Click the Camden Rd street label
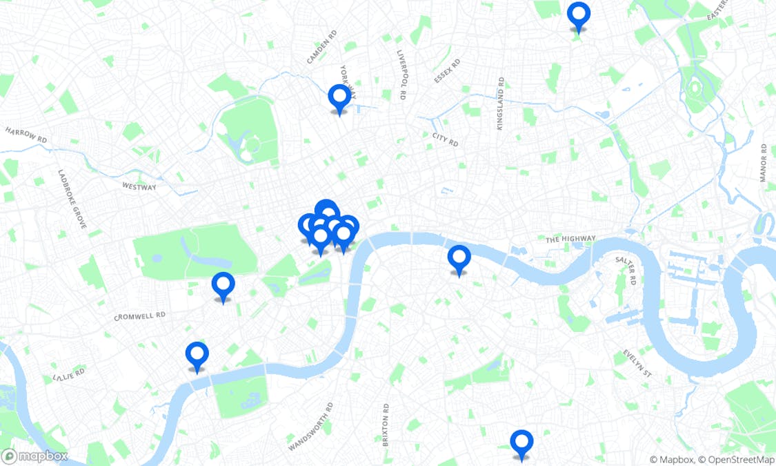321,47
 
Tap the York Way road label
346,81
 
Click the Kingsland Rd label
500,104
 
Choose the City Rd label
446,139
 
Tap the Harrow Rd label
26,135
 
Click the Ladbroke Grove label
72,200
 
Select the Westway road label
139,186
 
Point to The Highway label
570,239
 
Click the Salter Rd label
624,271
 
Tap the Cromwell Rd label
139,316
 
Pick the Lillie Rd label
68,375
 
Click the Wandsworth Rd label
311,427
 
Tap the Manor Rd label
764,163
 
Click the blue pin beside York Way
339,98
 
